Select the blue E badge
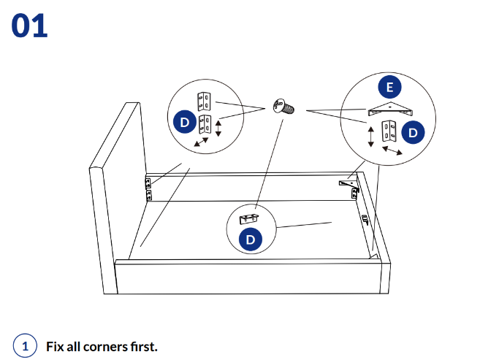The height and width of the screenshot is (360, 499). click(x=389, y=88)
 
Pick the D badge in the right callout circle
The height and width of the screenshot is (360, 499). click(x=414, y=132)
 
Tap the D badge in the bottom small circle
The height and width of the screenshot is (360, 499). click(x=251, y=239)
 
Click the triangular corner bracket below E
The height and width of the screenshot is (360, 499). click(x=389, y=110)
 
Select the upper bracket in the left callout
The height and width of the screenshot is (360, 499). click(x=205, y=100)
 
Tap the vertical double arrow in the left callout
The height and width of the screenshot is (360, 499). click(x=218, y=129)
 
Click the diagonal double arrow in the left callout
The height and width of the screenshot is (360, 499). click(x=201, y=142)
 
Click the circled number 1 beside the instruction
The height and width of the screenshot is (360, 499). click(x=25, y=345)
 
